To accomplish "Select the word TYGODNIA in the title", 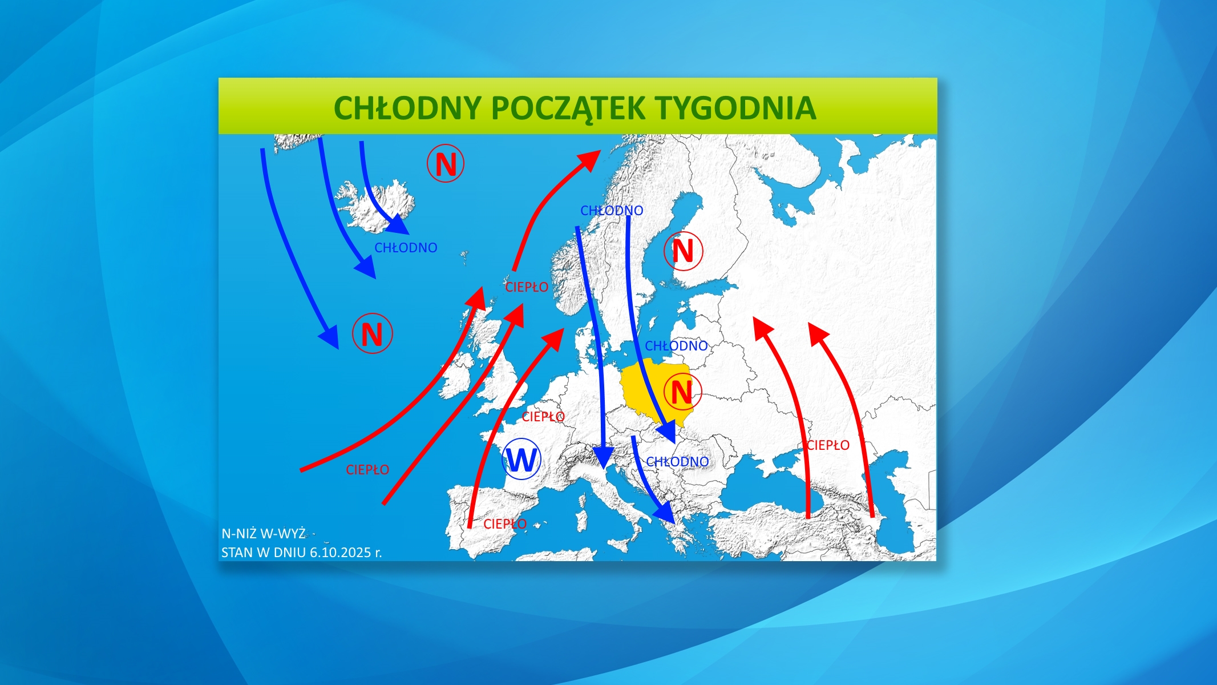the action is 735,108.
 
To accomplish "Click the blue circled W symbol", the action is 521,460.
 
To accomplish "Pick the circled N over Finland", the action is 683,251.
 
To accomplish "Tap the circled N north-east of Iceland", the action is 446,164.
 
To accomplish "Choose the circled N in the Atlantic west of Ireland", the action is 373,333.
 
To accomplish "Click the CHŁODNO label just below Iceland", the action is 406,248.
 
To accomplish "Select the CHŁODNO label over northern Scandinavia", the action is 612,211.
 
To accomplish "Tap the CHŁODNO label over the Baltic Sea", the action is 676,346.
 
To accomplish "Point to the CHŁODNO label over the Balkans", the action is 677,461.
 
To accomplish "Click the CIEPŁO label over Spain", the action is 505,524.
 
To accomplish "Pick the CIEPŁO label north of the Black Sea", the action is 828,445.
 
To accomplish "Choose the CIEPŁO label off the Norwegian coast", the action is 527,287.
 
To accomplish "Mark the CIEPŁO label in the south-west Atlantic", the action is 367,470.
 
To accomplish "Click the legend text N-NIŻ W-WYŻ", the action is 264,534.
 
